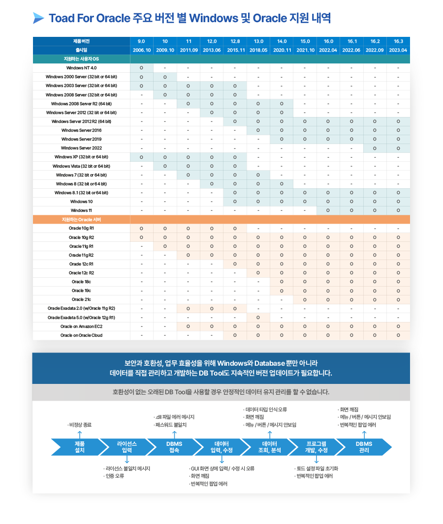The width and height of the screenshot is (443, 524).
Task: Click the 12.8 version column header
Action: point(235,41)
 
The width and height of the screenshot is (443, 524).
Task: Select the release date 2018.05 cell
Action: point(258,50)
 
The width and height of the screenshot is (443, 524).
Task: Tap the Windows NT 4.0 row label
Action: point(81,68)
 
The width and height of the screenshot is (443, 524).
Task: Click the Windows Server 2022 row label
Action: point(81,148)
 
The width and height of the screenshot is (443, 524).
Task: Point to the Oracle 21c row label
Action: point(81,299)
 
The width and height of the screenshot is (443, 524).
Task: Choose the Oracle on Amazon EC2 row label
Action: point(81,326)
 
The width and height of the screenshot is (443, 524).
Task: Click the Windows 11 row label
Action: point(81,210)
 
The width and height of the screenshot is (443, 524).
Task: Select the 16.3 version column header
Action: point(398,41)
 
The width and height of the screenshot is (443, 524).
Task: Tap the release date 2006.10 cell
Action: point(141,50)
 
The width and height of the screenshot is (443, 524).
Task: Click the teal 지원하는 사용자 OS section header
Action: point(81,59)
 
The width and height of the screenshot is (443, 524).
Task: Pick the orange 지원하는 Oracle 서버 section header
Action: point(81,219)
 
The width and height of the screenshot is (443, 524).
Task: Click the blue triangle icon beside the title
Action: point(38,19)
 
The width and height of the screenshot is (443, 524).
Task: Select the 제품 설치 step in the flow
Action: point(79,447)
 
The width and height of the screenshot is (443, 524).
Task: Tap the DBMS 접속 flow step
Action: point(174,447)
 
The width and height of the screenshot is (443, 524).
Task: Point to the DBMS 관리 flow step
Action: point(364,447)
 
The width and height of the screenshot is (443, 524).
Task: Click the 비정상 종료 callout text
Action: point(80,424)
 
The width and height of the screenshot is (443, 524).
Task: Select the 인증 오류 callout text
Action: point(114,476)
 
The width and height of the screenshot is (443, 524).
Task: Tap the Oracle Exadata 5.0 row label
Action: point(81,318)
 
